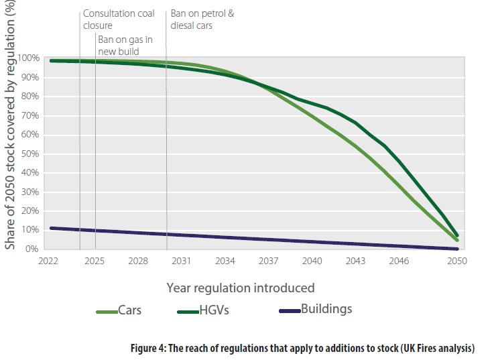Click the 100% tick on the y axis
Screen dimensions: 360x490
[x=32, y=58]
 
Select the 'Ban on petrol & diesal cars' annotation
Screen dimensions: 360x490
[x=202, y=19]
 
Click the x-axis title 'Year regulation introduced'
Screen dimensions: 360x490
[x=241, y=288]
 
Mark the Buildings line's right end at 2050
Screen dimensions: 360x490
[x=457, y=249]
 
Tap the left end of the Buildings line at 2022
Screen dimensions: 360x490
[x=52, y=228]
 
